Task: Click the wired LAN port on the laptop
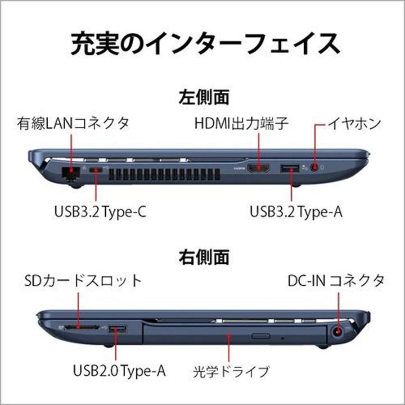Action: pos(71,172)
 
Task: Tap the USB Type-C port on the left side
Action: pos(96,170)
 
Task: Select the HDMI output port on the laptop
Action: pos(259,169)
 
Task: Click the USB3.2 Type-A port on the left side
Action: pos(289,169)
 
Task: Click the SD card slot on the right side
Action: pos(81,328)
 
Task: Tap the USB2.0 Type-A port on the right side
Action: pos(118,329)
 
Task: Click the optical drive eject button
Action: pos(261,336)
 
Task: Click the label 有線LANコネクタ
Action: pos(73,123)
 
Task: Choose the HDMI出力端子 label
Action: pos(241,123)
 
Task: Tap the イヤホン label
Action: pos(354,123)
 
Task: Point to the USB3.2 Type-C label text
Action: pos(100,212)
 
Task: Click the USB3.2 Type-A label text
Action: pos(296,212)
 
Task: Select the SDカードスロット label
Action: pos(83,281)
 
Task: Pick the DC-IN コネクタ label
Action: pos(336,281)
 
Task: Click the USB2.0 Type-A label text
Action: pos(119,371)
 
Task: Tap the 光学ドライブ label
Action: pos(231,372)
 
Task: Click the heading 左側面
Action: pos(204,97)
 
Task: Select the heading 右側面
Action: pos(204,257)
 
